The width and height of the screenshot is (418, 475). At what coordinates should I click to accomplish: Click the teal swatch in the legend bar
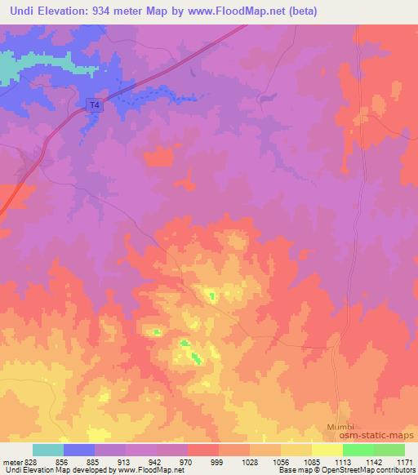(x=48, y=450)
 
